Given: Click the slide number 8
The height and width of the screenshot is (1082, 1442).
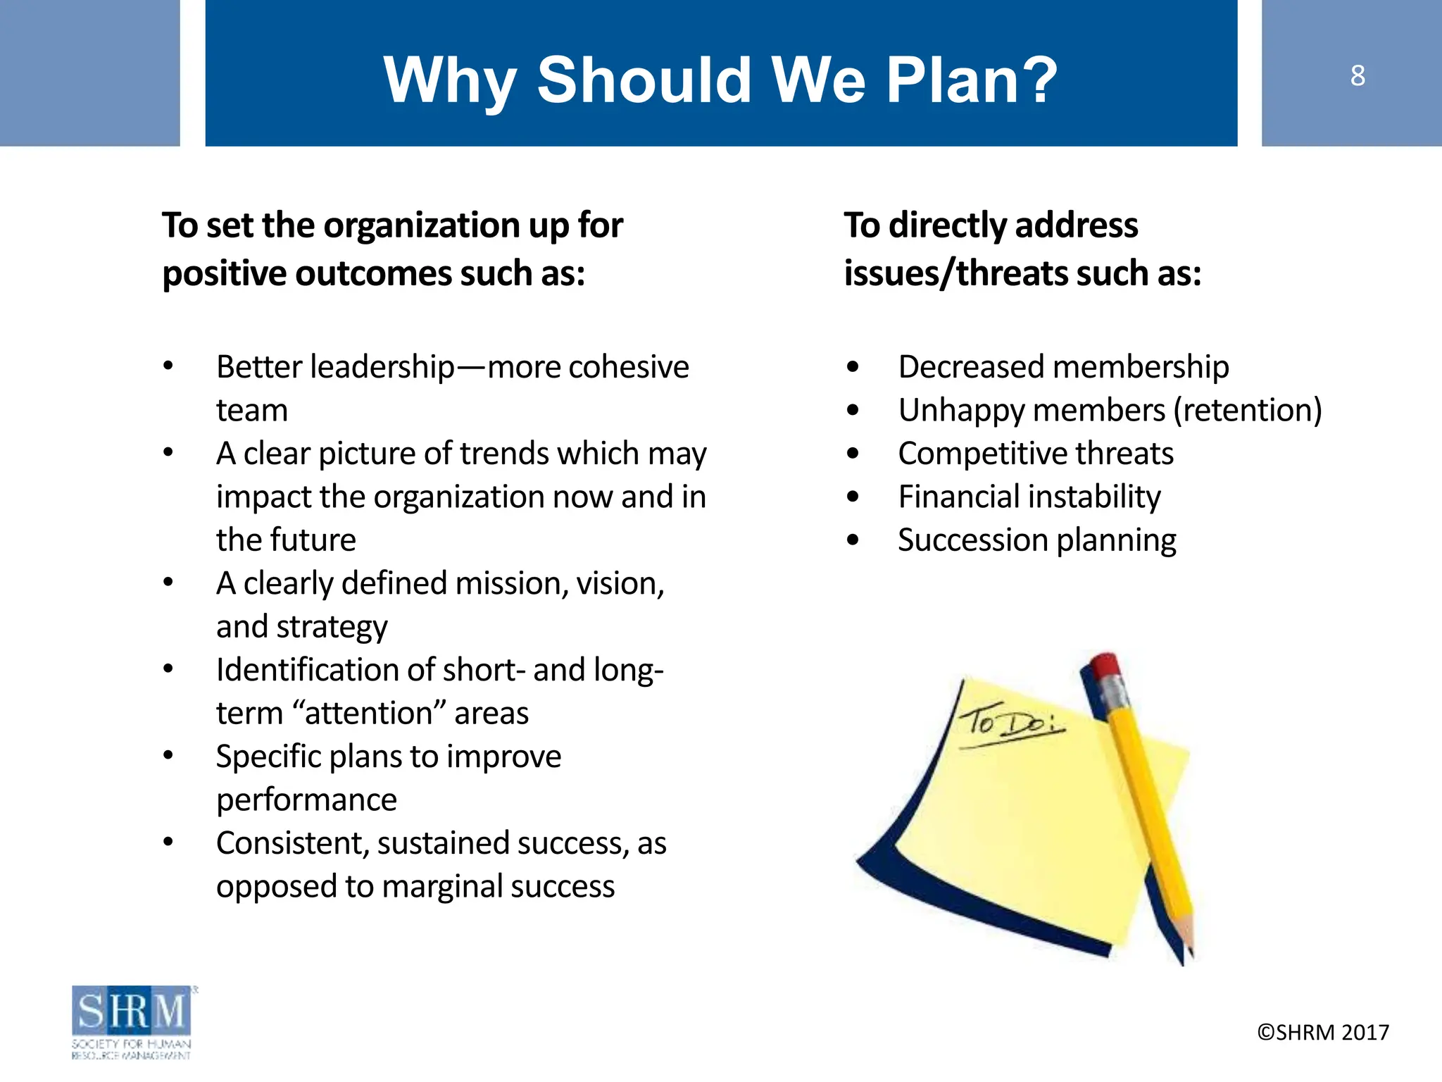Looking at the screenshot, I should [1358, 75].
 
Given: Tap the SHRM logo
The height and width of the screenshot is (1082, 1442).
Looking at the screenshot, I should [132, 1021].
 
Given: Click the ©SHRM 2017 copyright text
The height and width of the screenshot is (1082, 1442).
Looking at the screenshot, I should [1323, 1032].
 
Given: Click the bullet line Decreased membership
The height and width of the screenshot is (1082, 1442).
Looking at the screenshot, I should [1063, 367].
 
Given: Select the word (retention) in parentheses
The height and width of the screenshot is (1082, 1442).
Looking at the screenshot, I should [1248, 410].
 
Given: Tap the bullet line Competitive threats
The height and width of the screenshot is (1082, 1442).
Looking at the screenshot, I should [1036, 454].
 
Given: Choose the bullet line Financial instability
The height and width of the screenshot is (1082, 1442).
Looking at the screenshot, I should [1029, 497].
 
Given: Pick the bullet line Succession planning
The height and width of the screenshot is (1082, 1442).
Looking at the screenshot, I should [1036, 540].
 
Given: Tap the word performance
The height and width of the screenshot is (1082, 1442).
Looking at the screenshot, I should [306, 800].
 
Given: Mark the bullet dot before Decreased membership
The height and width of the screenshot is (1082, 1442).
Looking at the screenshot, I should [853, 367].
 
